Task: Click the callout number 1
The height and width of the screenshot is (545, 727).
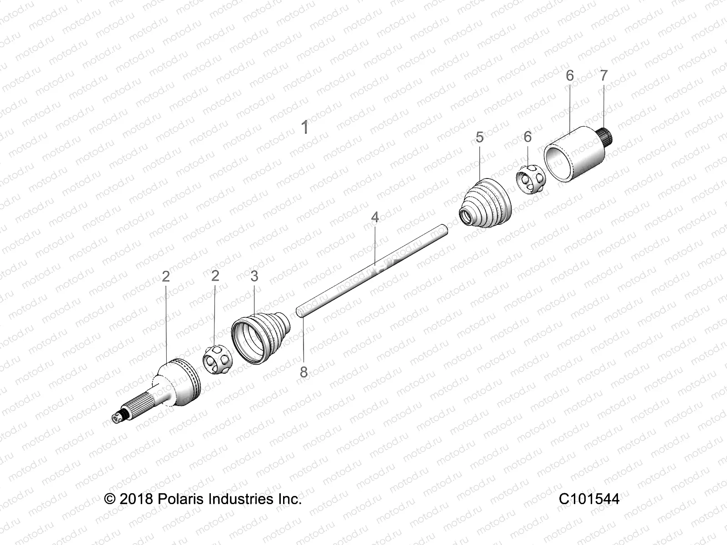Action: [x=305, y=128]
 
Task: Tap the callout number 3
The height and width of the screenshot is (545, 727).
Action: [x=254, y=276]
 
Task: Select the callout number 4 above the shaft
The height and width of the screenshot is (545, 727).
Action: [x=374, y=218]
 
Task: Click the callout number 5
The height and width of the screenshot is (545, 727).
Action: [x=480, y=137]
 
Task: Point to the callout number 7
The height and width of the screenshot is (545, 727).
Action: [x=603, y=76]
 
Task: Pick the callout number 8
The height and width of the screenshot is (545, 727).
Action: [x=304, y=372]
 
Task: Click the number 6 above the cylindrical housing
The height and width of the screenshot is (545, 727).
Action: [x=570, y=76]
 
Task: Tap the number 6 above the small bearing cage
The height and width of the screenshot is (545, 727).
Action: [x=527, y=137]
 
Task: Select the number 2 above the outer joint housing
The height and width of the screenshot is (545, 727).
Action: [x=166, y=276]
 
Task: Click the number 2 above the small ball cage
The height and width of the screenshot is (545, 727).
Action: [x=215, y=276]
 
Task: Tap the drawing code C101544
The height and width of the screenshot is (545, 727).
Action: [x=589, y=499]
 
